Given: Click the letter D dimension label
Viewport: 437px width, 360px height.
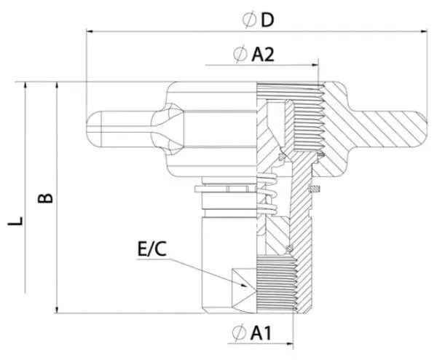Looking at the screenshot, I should [267, 20].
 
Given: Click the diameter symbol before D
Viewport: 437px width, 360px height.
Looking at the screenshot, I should [249, 20].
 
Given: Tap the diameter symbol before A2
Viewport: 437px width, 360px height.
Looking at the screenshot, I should [239, 55].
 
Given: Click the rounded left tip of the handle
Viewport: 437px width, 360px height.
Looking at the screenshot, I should [92, 128].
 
